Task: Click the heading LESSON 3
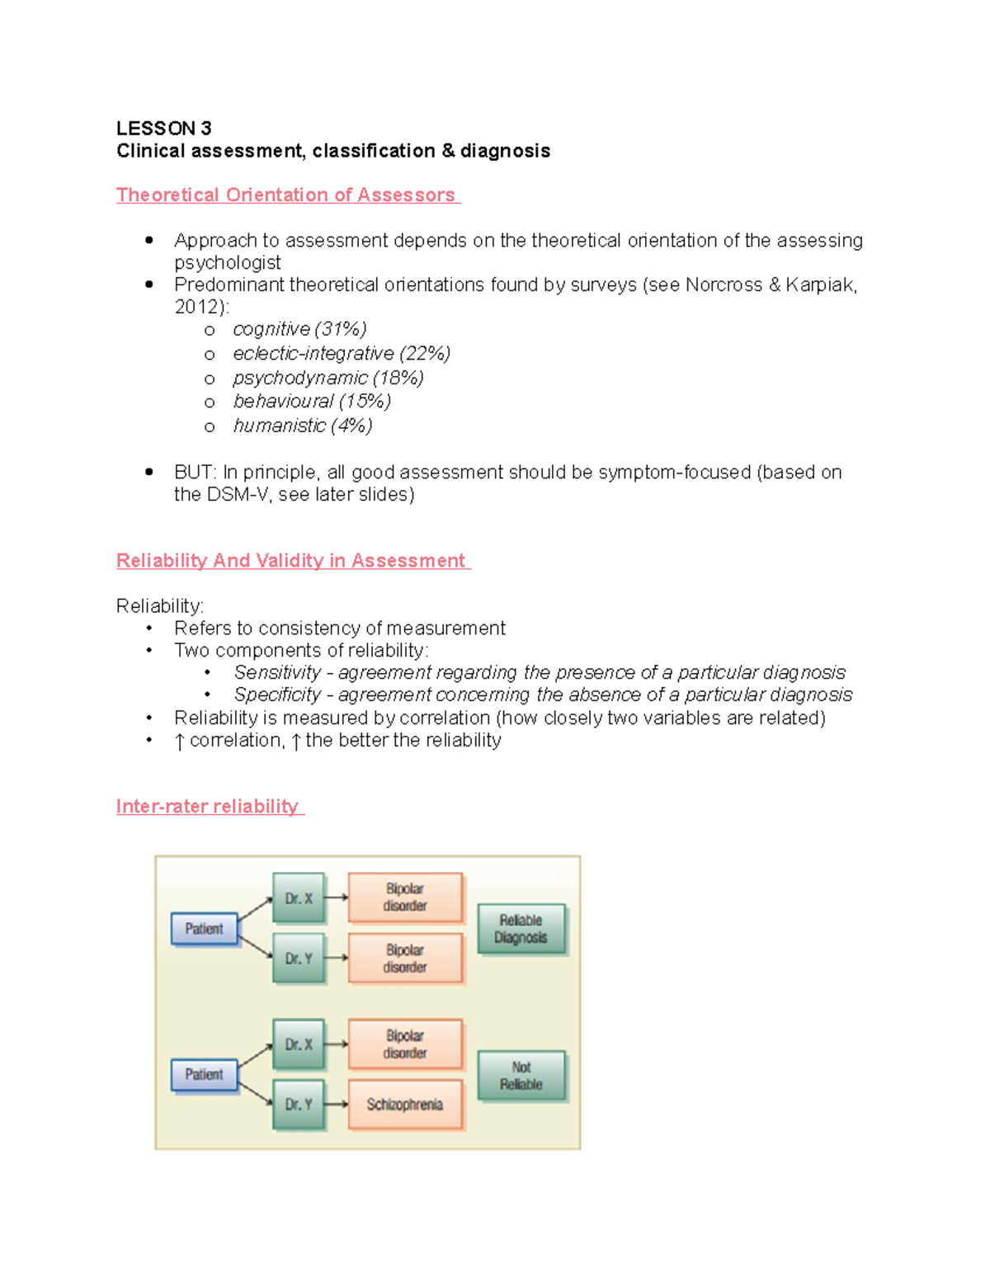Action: [x=163, y=129]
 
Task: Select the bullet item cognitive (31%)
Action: [x=299, y=329]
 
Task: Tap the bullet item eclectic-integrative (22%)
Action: [x=341, y=354]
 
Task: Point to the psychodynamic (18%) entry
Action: [x=328, y=378]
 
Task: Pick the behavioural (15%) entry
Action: [x=311, y=402]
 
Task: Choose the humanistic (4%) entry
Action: [x=302, y=426]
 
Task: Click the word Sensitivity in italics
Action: [x=277, y=672]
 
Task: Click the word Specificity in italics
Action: [x=277, y=695]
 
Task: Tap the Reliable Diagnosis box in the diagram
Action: [x=521, y=929]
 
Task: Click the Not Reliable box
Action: [x=521, y=1076]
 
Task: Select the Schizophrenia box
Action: [x=404, y=1104]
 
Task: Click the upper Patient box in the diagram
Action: [x=204, y=929]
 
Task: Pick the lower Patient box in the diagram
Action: [x=204, y=1075]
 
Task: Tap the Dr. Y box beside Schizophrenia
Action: [x=299, y=1104]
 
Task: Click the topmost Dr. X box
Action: [x=299, y=898]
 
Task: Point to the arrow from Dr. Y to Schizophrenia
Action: [x=336, y=1104]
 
